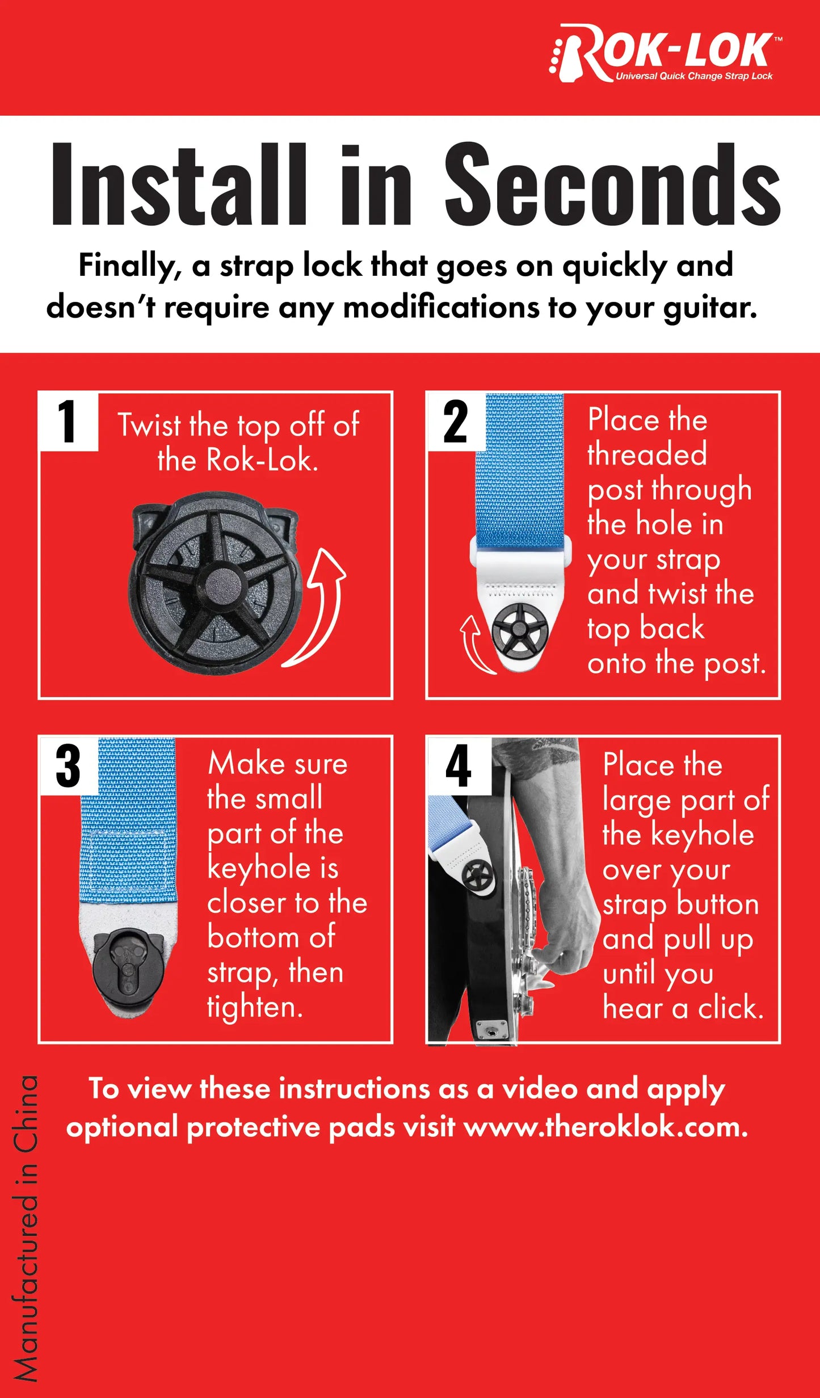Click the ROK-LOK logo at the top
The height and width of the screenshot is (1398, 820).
pos(665,53)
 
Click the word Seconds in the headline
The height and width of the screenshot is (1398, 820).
pos(613,184)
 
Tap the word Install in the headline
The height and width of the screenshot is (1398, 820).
pos(179,184)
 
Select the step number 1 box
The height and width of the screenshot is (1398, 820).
pos(68,421)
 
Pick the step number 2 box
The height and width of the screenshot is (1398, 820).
pos(456,421)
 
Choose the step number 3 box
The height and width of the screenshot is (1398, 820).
pos(68,765)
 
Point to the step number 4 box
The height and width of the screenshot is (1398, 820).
pos(459,765)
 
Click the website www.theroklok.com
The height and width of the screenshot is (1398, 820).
pos(605,1126)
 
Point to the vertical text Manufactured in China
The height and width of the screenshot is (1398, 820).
pos(26,1228)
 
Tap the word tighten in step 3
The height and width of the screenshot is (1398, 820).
pos(255,1008)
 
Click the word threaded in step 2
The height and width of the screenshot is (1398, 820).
pos(647,454)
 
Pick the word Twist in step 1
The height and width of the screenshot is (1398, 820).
pos(149,425)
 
